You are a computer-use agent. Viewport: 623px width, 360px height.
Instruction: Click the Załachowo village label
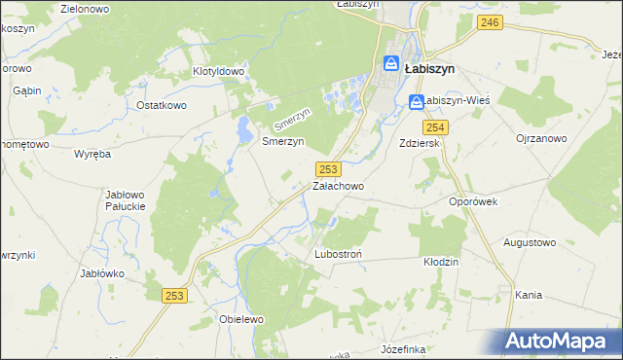[x=338, y=186]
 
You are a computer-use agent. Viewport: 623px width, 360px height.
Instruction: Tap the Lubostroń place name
[x=339, y=255]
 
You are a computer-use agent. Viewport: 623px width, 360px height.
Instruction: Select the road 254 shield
[x=434, y=127]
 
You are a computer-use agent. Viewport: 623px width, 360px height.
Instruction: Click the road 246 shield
[x=490, y=22]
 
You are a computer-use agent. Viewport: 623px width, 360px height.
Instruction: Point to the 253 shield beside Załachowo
[x=328, y=169]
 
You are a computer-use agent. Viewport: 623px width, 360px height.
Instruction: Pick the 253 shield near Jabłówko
[x=174, y=296]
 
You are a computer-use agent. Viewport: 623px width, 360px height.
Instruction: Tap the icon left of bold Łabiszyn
[x=390, y=65]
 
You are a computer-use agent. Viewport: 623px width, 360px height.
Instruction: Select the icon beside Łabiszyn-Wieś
[x=416, y=101]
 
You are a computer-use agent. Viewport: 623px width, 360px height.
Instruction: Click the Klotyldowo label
[x=218, y=71]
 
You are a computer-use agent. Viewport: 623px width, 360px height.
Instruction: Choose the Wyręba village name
[x=92, y=154]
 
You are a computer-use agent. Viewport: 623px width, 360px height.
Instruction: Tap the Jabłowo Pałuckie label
[x=125, y=200]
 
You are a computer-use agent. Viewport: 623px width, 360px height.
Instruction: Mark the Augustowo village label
[x=529, y=241]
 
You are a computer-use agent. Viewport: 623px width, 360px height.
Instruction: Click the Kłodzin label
[x=441, y=262]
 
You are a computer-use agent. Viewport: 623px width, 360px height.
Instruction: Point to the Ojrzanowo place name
[x=541, y=139]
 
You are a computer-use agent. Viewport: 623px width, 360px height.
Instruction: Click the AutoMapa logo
[x=560, y=341]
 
